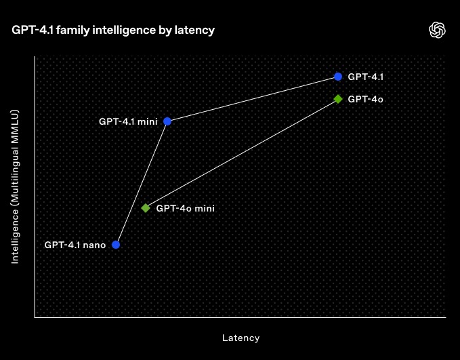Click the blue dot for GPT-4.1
[338, 77]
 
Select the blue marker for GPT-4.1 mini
[167, 121]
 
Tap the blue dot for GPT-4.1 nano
[116, 245]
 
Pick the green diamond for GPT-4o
[338, 99]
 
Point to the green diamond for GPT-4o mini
[146, 208]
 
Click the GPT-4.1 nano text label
[75, 245]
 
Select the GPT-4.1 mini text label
[128, 121]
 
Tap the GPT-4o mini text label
[186, 209]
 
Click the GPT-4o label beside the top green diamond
[366, 100]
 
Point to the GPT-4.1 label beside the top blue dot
[366, 77]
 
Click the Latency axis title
[241, 338]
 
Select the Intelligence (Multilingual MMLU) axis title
[15, 186]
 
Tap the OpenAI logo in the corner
[437, 30]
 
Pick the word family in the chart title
[72, 31]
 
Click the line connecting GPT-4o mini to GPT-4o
[242, 154]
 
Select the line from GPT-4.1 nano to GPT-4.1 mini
[142, 183]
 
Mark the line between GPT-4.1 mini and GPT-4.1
[253, 99]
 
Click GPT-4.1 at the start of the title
[33, 30]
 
